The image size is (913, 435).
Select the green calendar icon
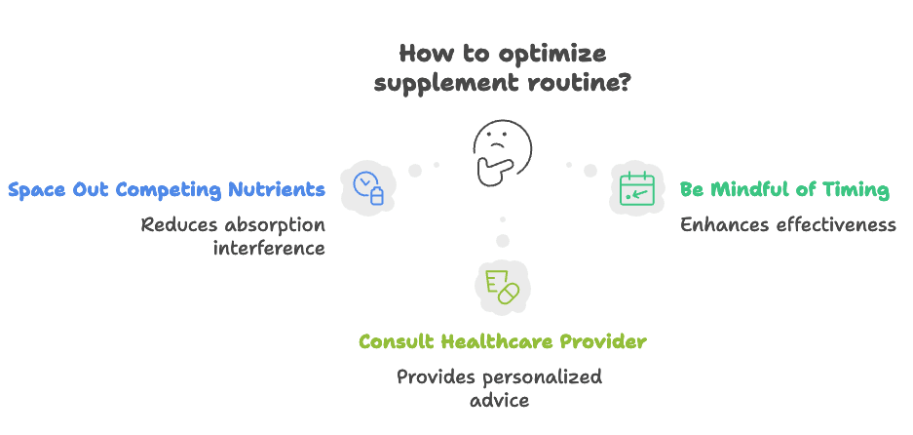(x=638, y=187)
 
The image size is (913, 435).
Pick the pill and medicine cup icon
(x=501, y=284)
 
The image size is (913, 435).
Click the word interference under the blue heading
(x=269, y=248)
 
